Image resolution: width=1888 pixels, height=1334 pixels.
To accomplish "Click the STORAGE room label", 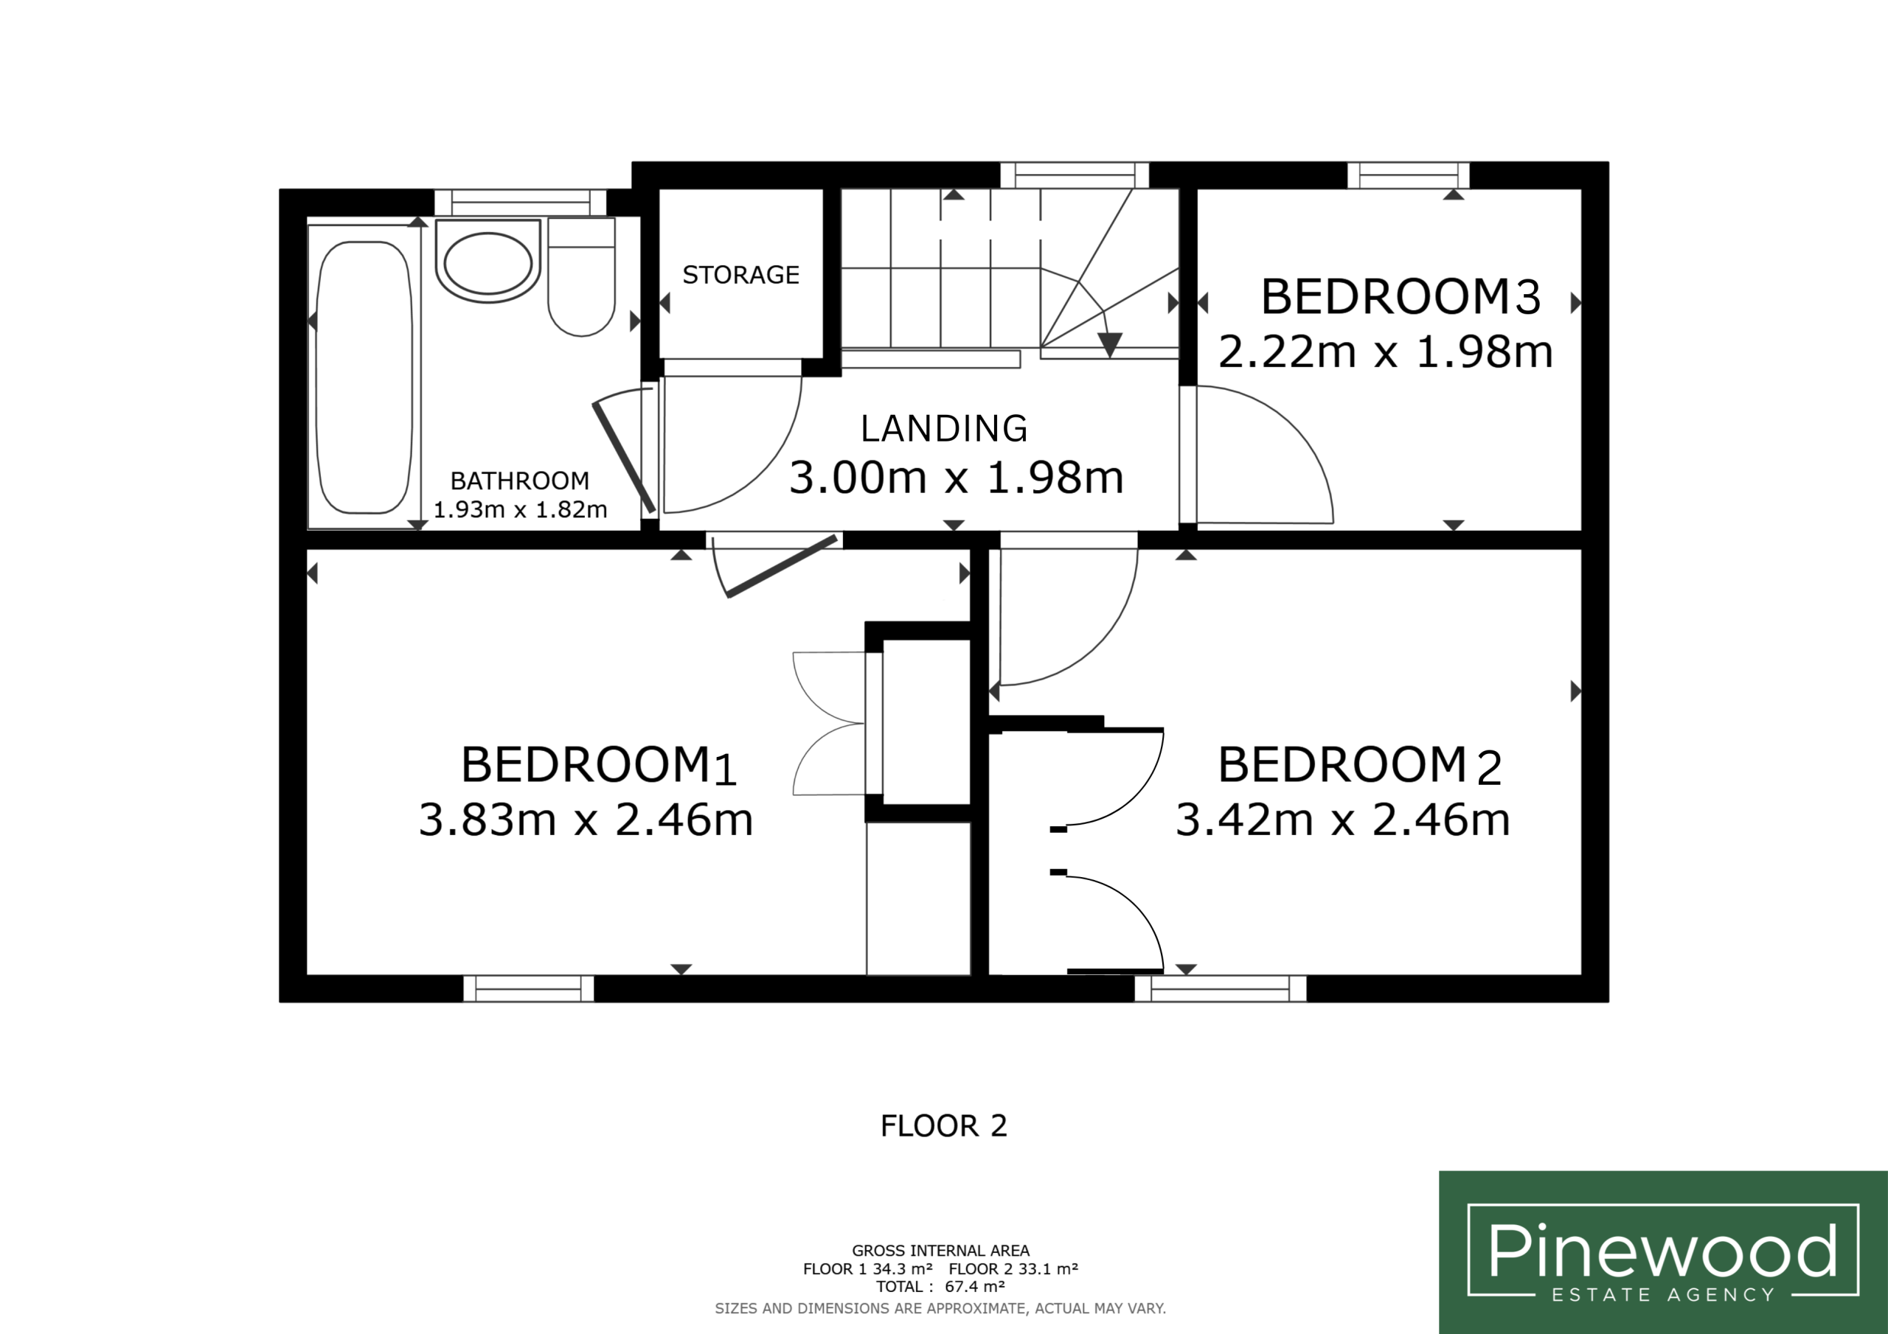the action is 741,274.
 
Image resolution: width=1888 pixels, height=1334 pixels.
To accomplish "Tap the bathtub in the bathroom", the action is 364,377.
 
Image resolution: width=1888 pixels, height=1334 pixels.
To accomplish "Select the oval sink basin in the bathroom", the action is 487,263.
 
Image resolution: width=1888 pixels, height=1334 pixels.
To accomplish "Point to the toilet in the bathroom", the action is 581,276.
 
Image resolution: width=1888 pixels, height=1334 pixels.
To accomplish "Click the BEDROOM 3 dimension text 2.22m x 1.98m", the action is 1386,352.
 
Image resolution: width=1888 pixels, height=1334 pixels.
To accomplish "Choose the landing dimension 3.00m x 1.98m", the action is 957,478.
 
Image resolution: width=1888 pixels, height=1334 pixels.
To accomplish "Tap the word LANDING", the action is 944,428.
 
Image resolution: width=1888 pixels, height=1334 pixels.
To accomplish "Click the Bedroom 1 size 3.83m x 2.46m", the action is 586,820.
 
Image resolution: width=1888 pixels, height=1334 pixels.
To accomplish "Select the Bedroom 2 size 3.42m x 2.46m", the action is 1343,820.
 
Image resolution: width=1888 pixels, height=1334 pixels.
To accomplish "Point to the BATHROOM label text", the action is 520,481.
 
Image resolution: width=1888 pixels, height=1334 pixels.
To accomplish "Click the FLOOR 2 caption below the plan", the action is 944,1126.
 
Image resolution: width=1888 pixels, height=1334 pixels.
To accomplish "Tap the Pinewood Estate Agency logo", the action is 1662,1251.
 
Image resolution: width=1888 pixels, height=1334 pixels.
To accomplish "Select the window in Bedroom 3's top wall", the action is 1409,175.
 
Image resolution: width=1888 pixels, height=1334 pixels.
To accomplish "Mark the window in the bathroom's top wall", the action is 521,202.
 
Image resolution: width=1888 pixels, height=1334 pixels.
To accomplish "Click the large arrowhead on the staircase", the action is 1110,343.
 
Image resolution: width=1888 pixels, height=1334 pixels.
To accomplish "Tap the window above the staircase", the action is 1074,175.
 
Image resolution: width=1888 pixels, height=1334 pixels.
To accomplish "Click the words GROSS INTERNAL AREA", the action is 941,1250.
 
